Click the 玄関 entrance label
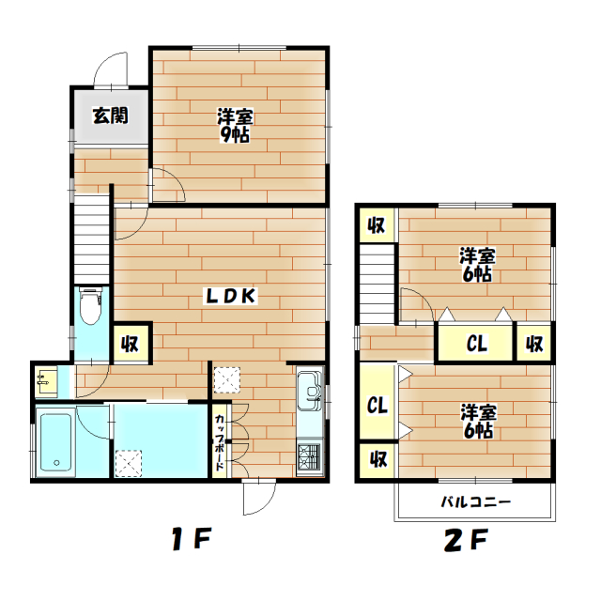111,116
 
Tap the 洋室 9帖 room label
235,126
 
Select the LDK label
231,296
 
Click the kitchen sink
310,390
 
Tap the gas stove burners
309,457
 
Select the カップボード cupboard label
220,442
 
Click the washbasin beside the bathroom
46,381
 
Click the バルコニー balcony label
476,501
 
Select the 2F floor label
466,540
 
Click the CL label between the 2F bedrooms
477,343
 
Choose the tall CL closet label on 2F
378,405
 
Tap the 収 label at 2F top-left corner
377,225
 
